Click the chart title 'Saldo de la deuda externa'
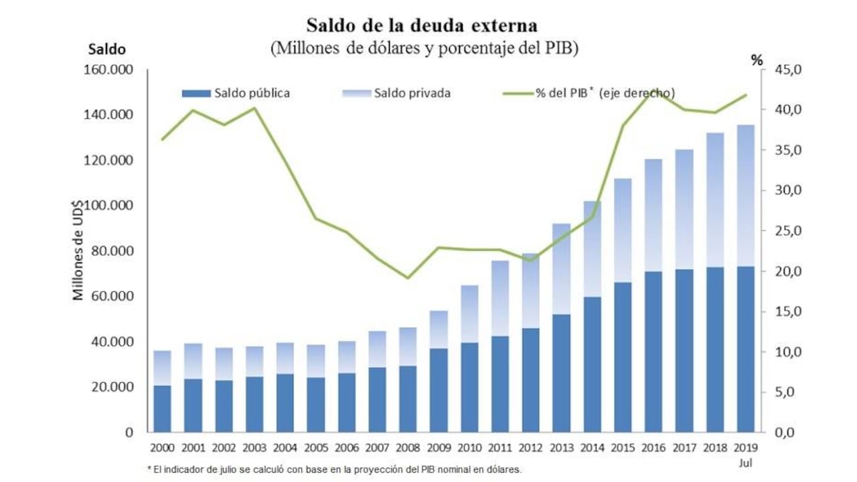point(422,25)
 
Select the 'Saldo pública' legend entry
point(252,93)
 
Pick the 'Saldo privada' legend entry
point(412,93)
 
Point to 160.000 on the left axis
point(108,70)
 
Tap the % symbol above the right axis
point(757,60)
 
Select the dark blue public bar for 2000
point(162,408)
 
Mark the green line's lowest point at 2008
point(408,278)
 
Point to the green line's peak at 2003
point(254,108)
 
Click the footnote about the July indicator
point(334,469)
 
